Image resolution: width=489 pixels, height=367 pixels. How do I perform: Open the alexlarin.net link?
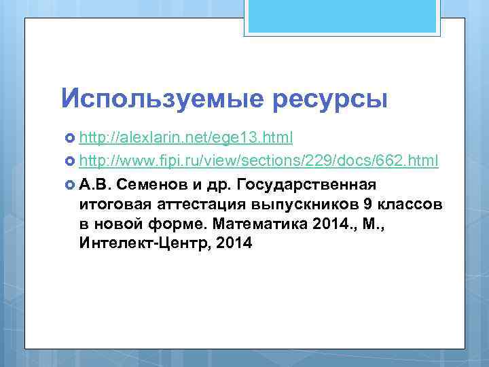click(186, 138)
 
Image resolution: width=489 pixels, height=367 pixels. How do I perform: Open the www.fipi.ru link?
click(259, 161)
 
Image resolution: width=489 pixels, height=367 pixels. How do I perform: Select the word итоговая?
click(111, 205)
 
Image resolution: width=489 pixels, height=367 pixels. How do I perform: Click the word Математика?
click(254, 224)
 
